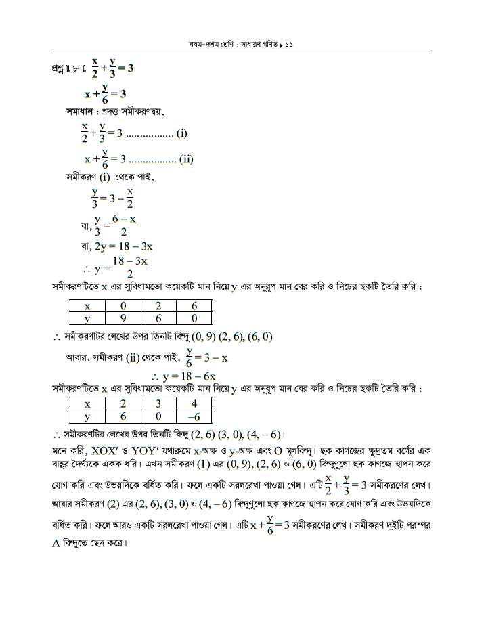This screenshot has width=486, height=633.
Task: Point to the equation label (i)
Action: point(181,134)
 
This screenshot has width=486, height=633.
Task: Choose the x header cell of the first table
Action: point(87,306)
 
